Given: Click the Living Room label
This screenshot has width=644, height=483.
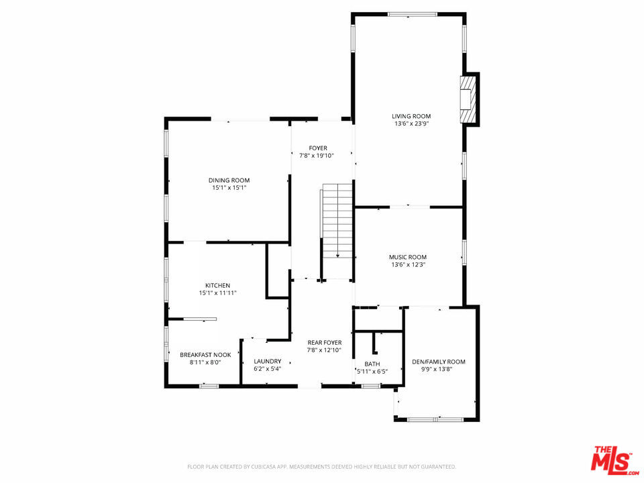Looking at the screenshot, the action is (411, 116).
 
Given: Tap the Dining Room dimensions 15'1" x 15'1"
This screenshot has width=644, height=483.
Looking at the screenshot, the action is (229, 188).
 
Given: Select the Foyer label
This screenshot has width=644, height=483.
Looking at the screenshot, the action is (318, 148).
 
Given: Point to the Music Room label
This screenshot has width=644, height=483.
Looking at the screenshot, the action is (408, 257).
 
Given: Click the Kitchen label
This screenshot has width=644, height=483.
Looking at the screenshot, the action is (217, 286).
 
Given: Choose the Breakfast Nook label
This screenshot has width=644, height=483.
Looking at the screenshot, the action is (205, 355).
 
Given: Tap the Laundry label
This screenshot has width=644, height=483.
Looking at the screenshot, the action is (268, 362).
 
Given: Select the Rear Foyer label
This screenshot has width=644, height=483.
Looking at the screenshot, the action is (325, 343).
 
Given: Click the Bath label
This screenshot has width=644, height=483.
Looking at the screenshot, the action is (372, 364).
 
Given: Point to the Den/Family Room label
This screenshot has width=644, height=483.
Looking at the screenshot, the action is (439, 362).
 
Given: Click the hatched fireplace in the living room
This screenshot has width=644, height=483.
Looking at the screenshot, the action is (468, 99).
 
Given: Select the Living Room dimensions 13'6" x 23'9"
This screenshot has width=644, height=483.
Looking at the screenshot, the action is (411, 123).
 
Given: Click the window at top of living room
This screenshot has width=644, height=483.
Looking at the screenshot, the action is (413, 14).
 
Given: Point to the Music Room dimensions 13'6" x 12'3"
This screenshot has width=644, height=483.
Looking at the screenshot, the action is (408, 264).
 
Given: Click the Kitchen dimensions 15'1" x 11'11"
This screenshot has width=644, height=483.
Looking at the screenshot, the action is (217, 293).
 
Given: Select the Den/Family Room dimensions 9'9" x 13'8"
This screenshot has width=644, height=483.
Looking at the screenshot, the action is (439, 369).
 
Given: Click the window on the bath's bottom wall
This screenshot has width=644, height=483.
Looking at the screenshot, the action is (371, 386).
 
